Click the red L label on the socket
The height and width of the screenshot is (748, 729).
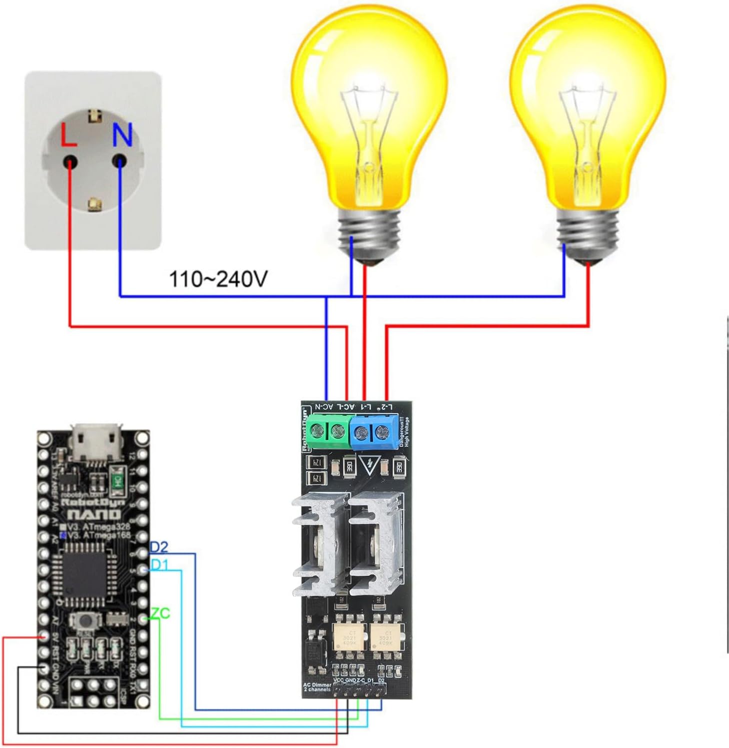(68, 135)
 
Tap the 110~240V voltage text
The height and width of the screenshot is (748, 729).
(218, 279)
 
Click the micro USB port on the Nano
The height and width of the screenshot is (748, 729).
(97, 442)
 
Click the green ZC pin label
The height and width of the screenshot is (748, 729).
(160, 613)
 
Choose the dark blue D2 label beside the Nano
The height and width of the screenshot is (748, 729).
(159, 548)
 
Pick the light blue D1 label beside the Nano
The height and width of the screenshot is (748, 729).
(159, 566)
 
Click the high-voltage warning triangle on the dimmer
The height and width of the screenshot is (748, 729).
(369, 465)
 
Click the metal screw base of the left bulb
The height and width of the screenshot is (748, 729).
(370, 232)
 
